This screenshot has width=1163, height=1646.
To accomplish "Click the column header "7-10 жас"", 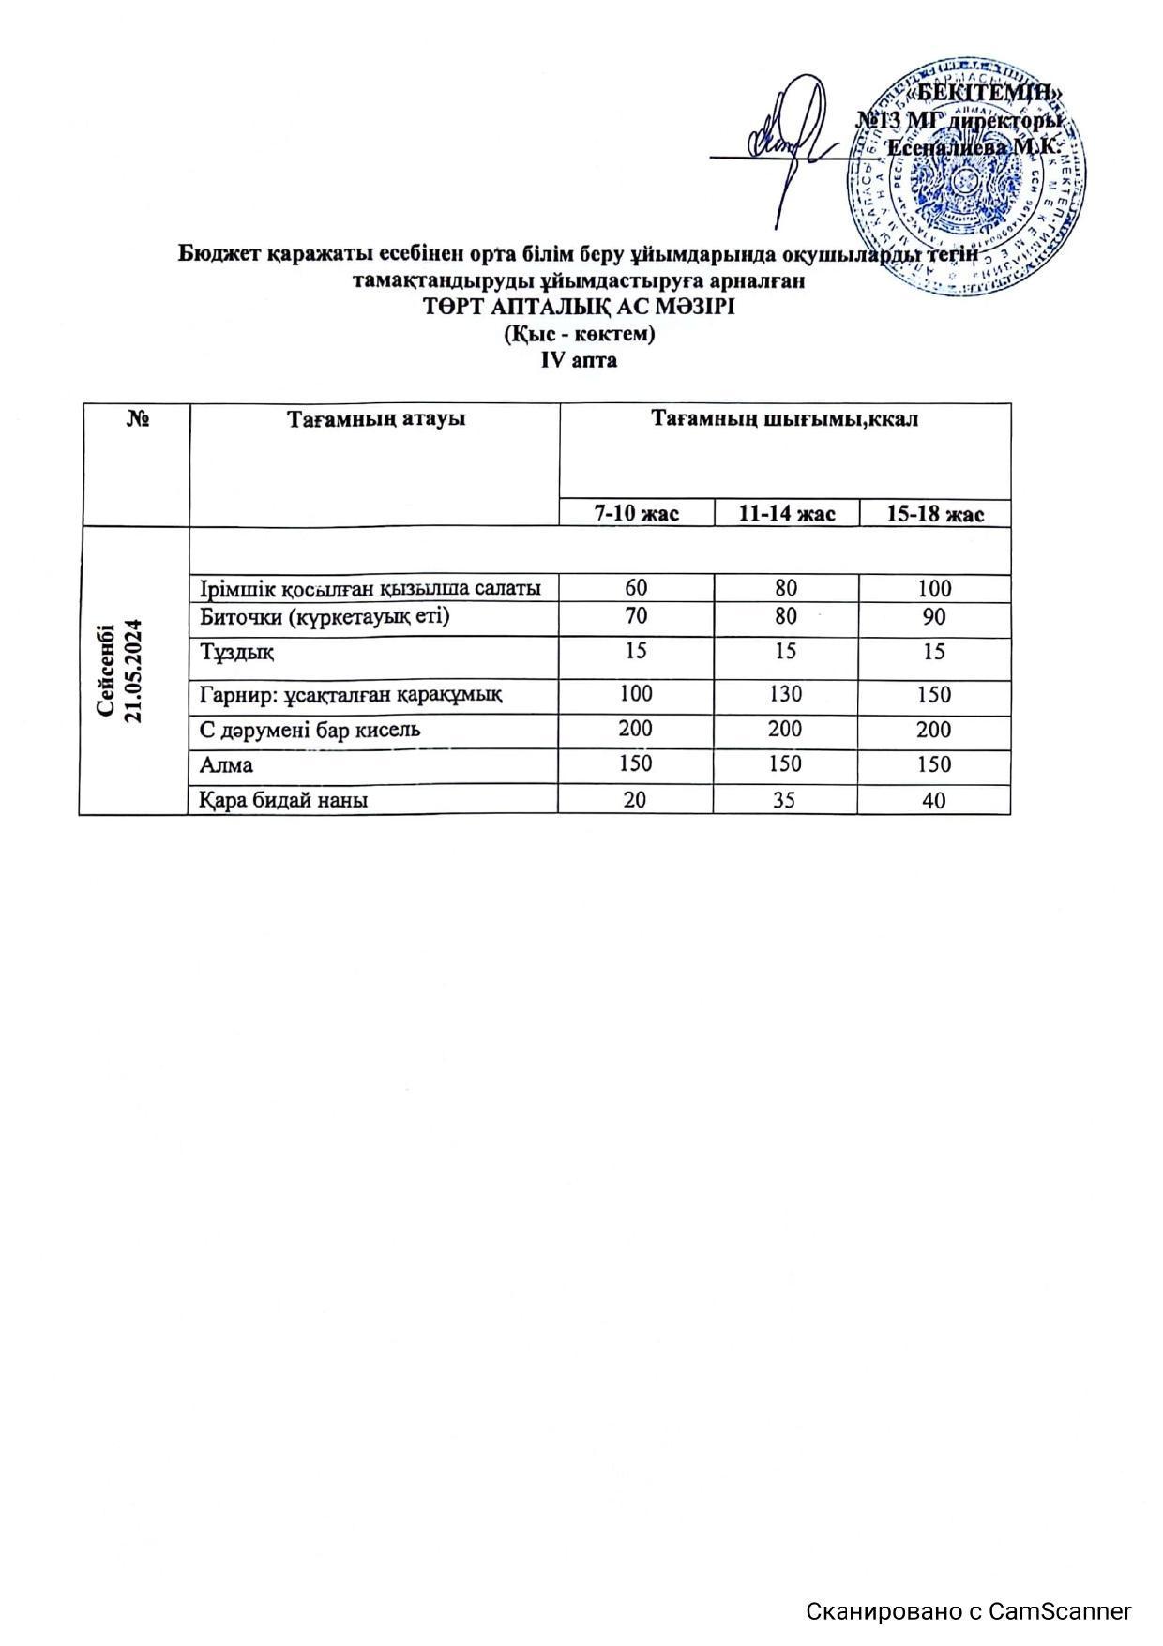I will coord(637,514).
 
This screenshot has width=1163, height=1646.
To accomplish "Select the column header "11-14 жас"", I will coord(786,514).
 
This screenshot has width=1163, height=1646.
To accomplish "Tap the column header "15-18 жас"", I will coord(934,514).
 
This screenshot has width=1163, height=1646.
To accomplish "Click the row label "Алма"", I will coord(226,765).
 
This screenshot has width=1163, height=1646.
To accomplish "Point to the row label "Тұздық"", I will coord(236,652).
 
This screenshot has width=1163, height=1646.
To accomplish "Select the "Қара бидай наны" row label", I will coord(283,800).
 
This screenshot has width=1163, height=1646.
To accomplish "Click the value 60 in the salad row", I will coord(636,588).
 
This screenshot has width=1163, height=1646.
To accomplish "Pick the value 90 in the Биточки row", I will coord(934,617).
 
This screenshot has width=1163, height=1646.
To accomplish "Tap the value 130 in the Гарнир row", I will coord(786,695).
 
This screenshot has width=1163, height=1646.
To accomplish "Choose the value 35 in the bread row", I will coord(786,800).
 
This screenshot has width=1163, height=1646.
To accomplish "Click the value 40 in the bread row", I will coord(934,800).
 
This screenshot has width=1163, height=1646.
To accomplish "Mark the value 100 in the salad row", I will coord(934,588).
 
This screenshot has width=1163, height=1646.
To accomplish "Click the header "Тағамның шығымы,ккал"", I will coord(785,419).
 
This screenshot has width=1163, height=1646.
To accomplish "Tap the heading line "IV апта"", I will coord(579,359).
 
